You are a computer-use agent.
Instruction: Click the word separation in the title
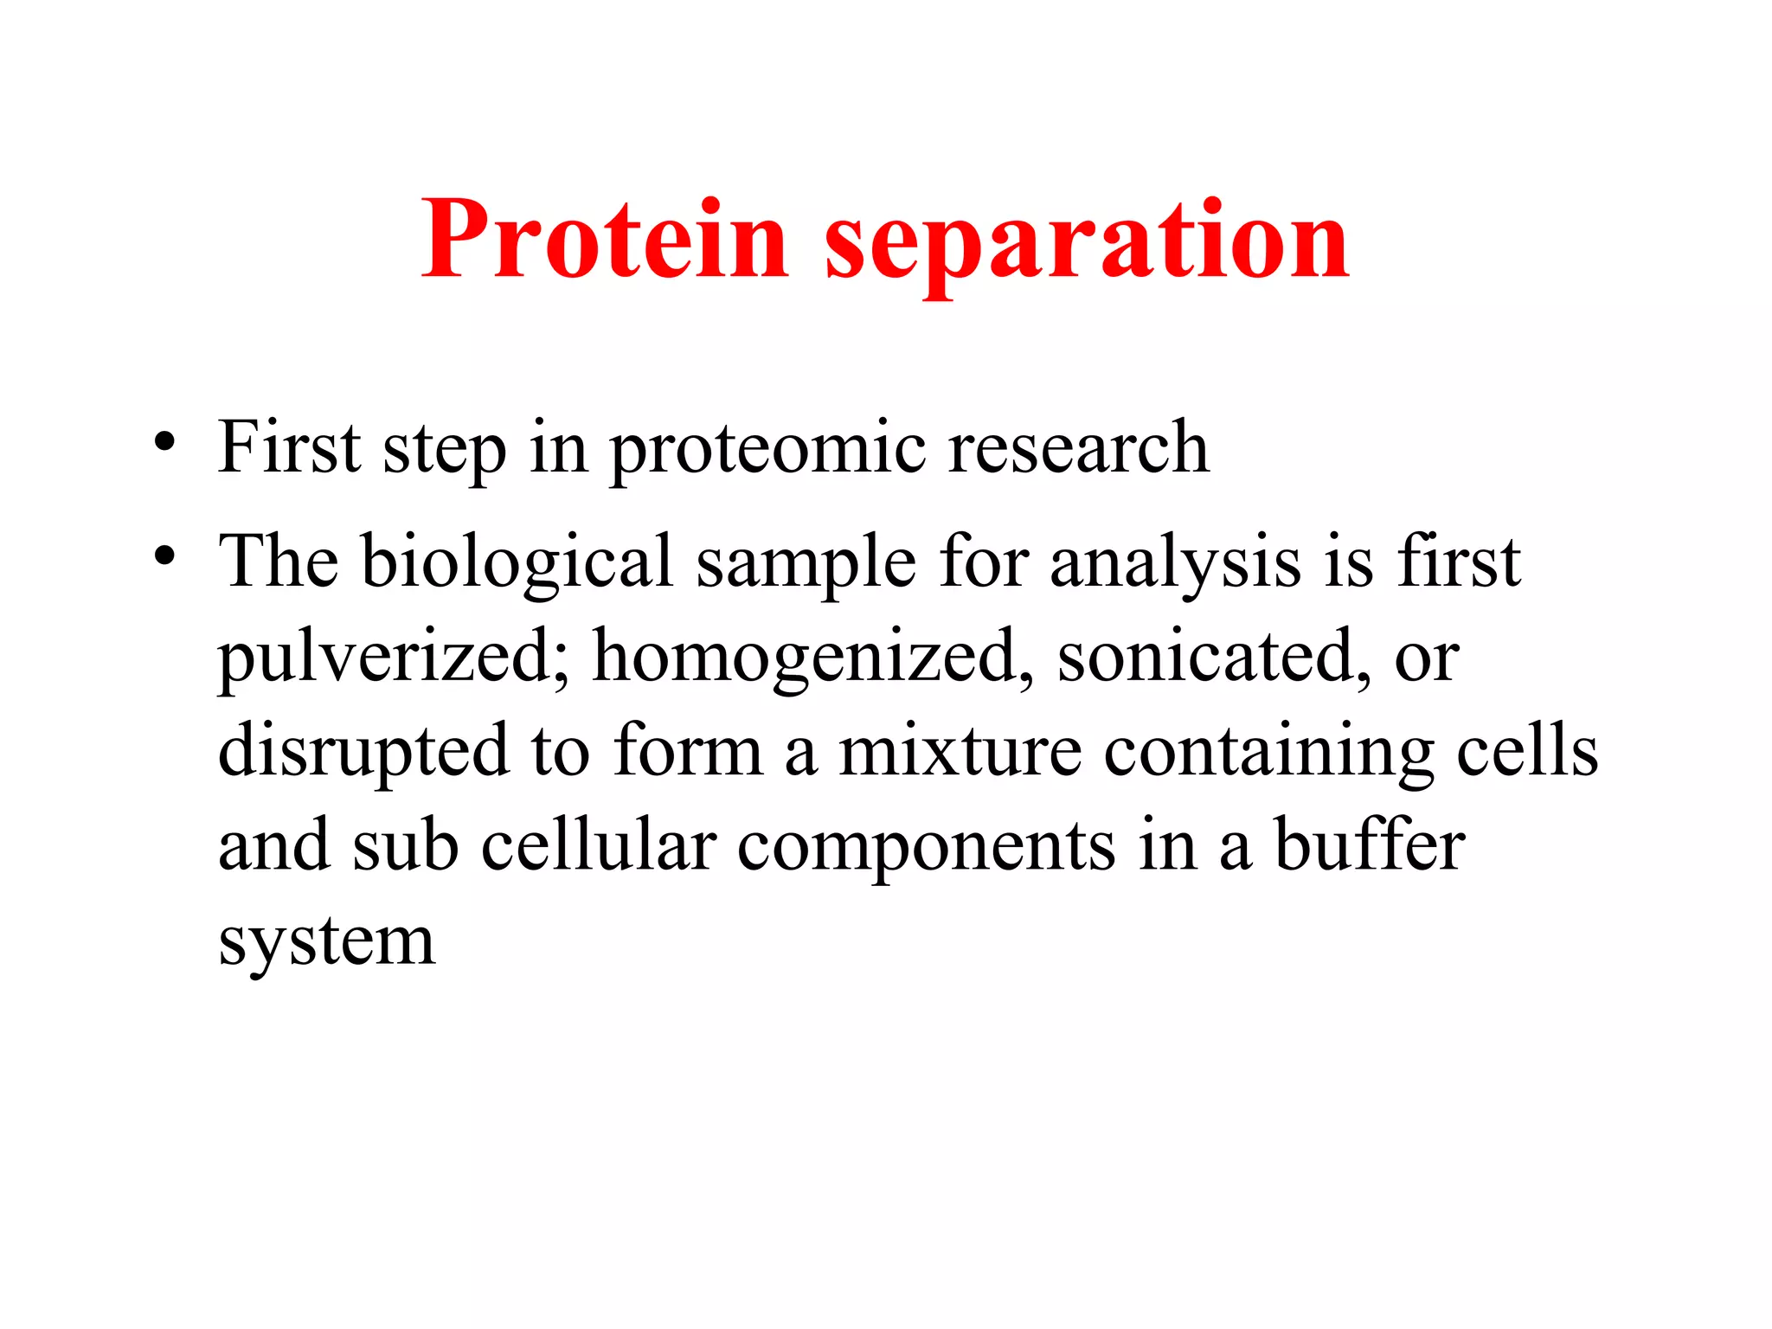(1087, 242)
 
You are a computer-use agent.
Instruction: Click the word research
(1078, 448)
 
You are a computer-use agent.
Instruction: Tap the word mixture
(959, 751)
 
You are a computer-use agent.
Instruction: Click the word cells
(1526, 751)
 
